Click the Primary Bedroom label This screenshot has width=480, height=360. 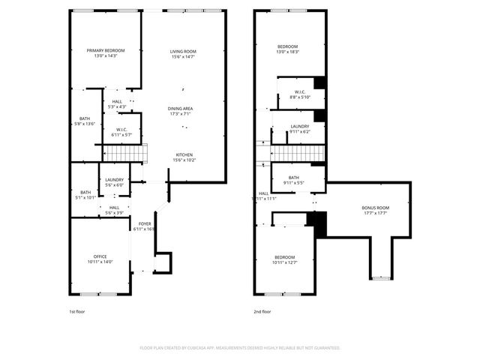(105, 50)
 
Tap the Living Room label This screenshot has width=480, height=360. (182, 50)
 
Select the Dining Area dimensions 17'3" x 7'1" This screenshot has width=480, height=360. (180, 114)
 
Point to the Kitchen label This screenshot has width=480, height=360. (184, 154)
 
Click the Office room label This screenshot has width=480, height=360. (100, 256)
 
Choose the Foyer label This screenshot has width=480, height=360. (143, 224)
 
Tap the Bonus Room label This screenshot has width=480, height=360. (375, 208)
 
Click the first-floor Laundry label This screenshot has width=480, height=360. (114, 180)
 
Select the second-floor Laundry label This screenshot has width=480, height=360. (300, 126)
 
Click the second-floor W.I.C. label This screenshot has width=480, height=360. (299, 93)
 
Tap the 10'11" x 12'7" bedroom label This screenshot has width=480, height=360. (284, 257)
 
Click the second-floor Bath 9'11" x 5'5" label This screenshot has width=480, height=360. (293, 178)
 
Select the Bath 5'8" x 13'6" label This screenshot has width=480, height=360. (85, 119)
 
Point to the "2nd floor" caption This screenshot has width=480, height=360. (262, 310)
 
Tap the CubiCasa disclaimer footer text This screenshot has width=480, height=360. (240, 348)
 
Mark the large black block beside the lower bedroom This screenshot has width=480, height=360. (320, 224)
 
